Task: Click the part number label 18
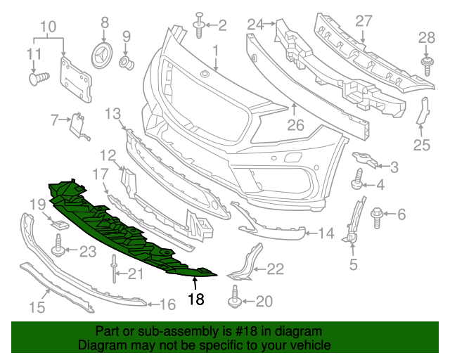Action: pyautogui.click(x=195, y=300)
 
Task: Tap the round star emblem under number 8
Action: pyautogui.click(x=104, y=55)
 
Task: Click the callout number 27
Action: pyautogui.click(x=363, y=21)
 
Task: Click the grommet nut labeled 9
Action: pyautogui.click(x=128, y=63)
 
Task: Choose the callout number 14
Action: pyautogui.click(x=327, y=233)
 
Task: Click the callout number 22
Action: pyautogui.click(x=275, y=268)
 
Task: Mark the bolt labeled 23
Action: pyautogui.click(x=58, y=247)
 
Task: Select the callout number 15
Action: pyautogui.click(x=37, y=307)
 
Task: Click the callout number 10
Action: pyautogui.click(x=48, y=28)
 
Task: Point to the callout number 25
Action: pyautogui.click(x=421, y=146)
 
